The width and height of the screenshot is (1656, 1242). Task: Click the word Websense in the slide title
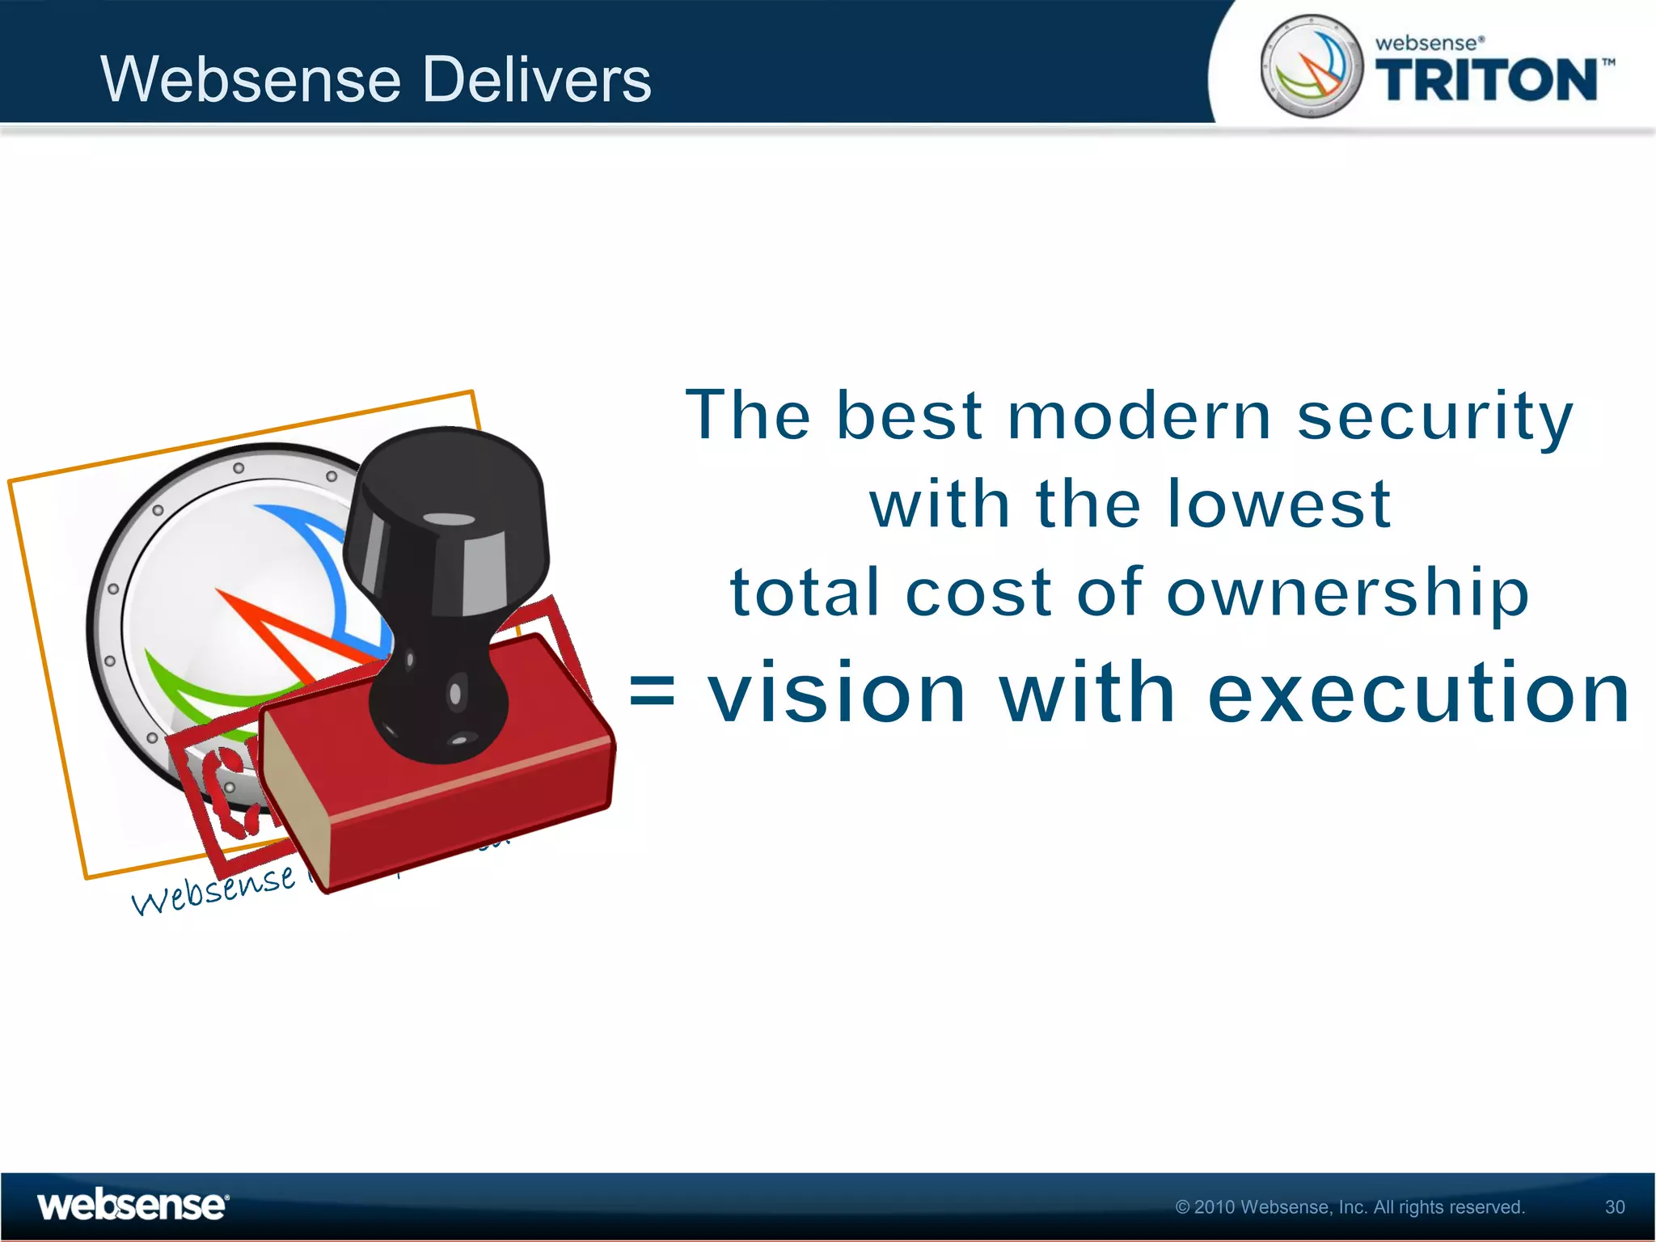click(251, 79)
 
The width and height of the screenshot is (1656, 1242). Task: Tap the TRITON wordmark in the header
click(1486, 81)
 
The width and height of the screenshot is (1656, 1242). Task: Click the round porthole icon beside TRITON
click(1311, 66)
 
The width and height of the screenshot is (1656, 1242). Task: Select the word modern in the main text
click(1139, 416)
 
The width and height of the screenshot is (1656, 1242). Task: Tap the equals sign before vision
click(652, 692)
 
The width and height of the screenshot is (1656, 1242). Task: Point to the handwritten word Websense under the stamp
click(213, 889)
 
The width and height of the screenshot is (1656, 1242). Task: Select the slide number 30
click(1614, 1207)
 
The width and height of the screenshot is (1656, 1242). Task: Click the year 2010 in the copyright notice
click(1215, 1207)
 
